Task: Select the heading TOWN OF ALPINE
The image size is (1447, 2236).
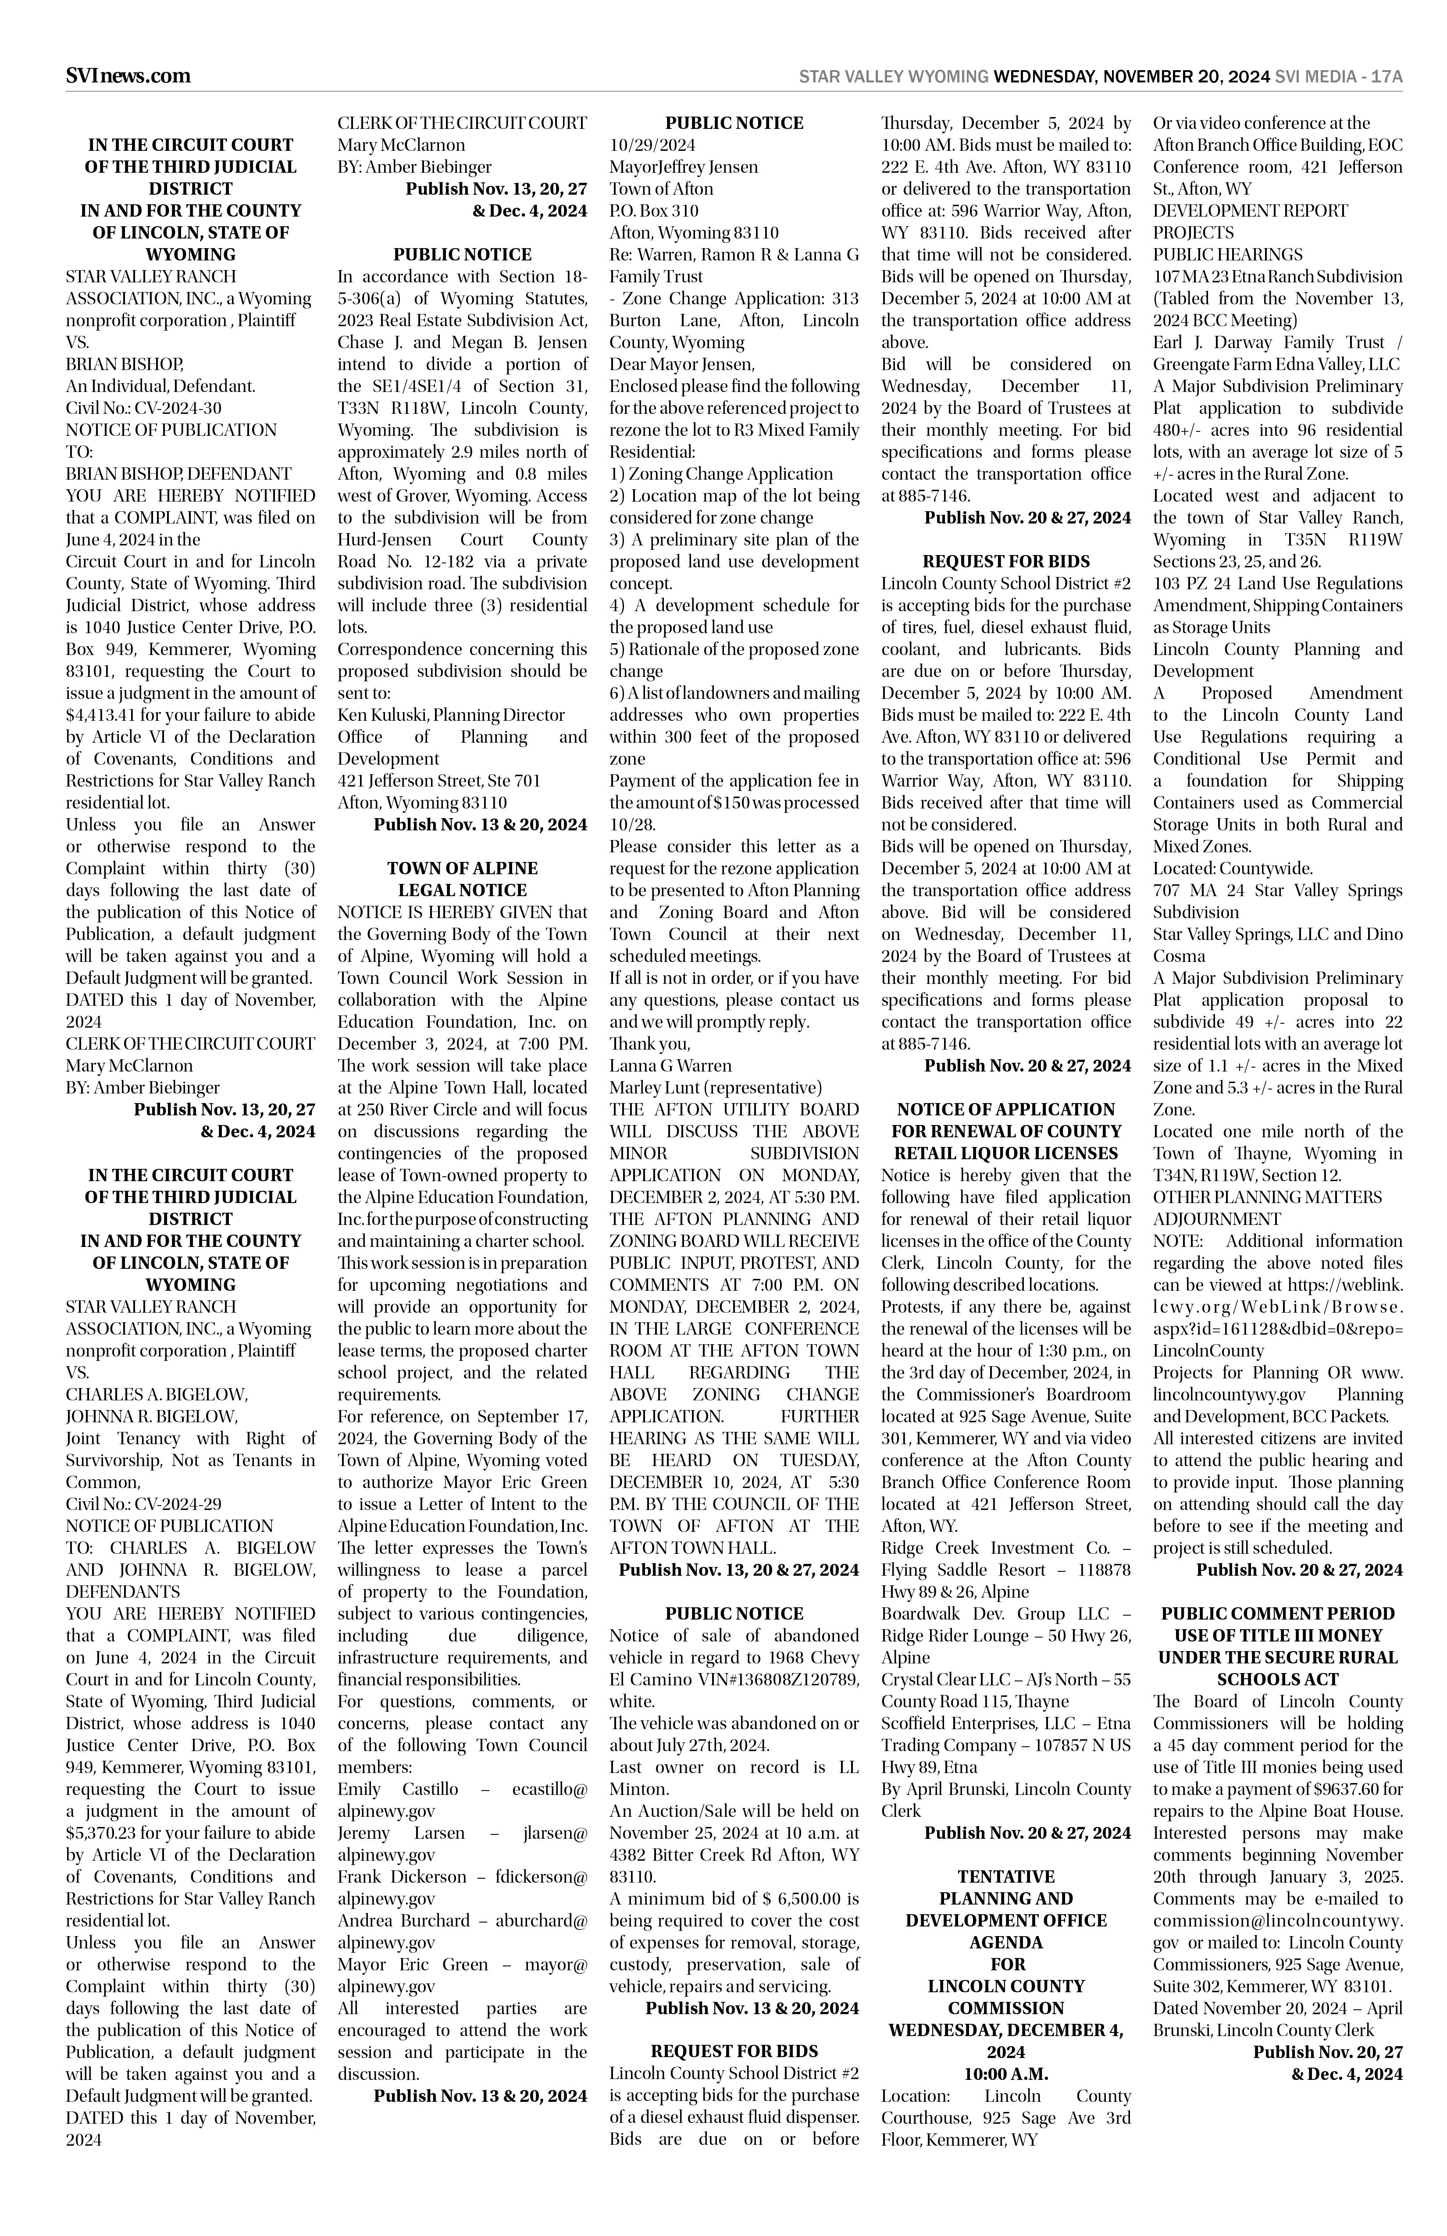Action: pos(462,868)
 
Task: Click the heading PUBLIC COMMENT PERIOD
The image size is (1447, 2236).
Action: pos(1278,1614)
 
